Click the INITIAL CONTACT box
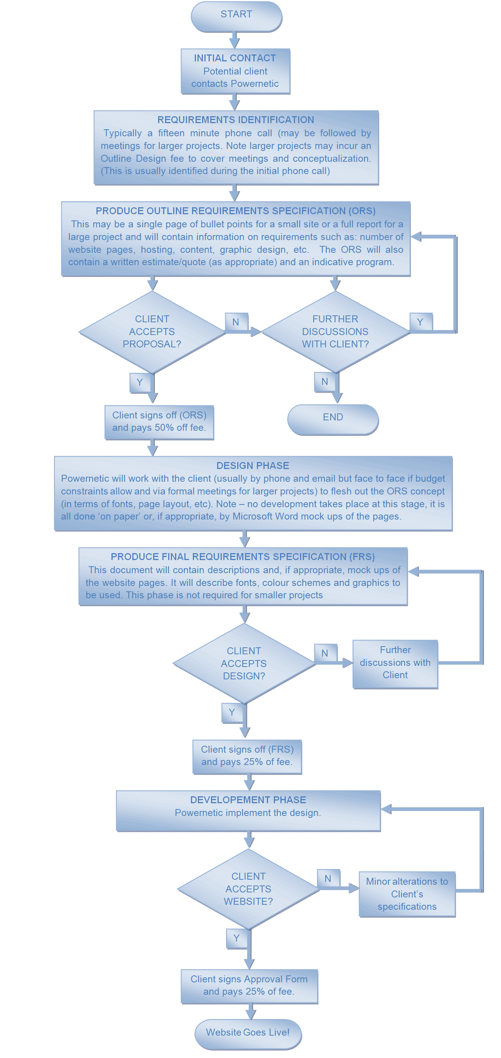pos(236,71)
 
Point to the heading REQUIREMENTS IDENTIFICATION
pos(236,120)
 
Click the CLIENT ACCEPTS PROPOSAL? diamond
pos(152,332)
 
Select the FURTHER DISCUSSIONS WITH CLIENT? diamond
pos(335,332)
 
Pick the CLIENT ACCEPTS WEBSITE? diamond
pos(248,889)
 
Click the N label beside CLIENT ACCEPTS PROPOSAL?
pos(236,322)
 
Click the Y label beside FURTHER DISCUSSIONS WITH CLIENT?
pos(420,322)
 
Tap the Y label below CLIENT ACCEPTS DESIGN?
pos(232,713)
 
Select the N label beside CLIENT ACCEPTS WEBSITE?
pos(328,879)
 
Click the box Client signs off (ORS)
pos(159,422)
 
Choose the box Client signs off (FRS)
pos(247,757)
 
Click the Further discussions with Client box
pos(395,663)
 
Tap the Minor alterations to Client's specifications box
pos(407,894)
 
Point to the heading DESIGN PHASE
pos(253,466)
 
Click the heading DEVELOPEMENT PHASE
pos(248,800)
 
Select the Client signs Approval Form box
pos(249,986)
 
